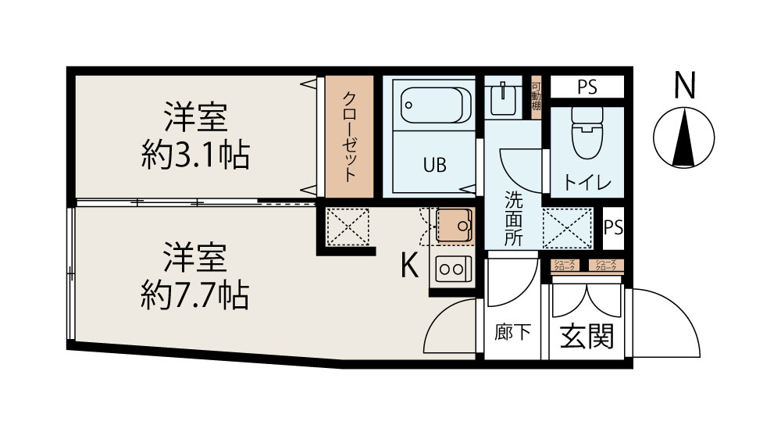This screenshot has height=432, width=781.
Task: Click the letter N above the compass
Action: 685,85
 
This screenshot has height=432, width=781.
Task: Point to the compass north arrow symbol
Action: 685,138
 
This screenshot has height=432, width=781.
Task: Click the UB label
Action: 435,165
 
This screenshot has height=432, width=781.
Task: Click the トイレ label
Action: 587,182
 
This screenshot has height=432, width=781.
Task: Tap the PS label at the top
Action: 587,87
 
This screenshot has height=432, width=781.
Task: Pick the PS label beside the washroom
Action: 614,227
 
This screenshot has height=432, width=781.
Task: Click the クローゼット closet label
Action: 351,136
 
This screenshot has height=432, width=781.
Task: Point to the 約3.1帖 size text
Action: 195,157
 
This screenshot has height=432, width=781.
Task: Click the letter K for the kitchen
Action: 409,266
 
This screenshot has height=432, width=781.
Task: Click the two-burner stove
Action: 453,268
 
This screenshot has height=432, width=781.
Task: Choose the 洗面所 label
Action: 512,220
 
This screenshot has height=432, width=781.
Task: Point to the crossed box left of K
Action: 347,227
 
